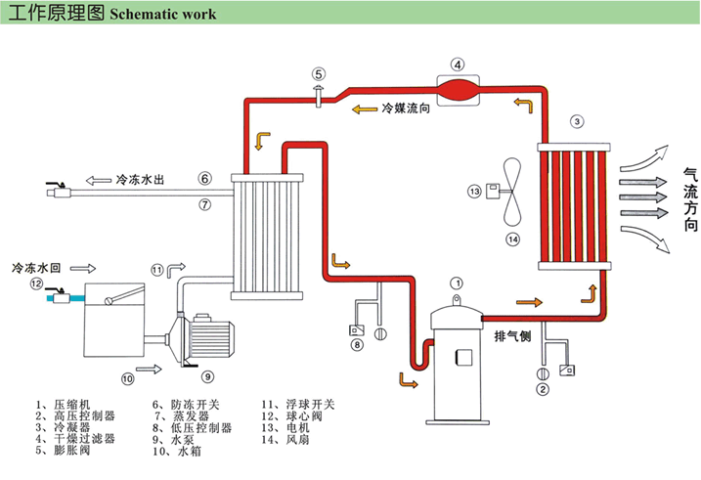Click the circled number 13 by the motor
click(x=475, y=192)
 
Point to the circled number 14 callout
click(x=512, y=238)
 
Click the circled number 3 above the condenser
click(x=577, y=122)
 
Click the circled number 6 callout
click(x=204, y=179)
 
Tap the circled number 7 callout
click(x=204, y=204)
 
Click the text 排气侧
click(x=512, y=338)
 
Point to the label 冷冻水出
click(x=139, y=180)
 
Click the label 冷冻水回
click(x=36, y=266)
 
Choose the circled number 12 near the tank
click(x=35, y=284)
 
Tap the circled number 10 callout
click(x=127, y=377)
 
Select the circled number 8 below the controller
click(x=357, y=344)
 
